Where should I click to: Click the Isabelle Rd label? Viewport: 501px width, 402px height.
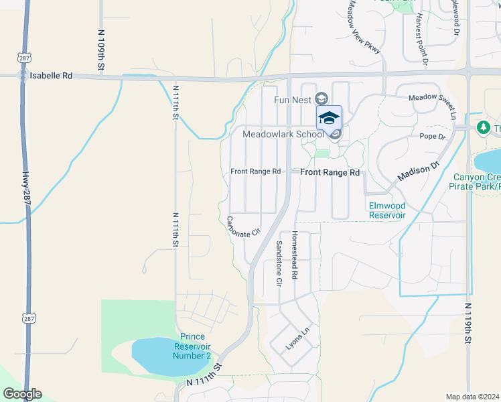click(x=50, y=76)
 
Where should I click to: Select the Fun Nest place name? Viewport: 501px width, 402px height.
click(x=292, y=100)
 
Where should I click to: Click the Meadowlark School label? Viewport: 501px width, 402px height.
click(x=283, y=134)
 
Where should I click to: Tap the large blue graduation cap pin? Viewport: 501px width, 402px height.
click(x=329, y=119)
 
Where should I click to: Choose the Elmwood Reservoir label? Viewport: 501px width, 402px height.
click(x=387, y=210)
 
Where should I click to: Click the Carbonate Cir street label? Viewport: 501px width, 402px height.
click(x=242, y=227)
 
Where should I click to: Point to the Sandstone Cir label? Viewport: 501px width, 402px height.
click(x=279, y=264)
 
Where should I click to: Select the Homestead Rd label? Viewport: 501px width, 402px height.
click(x=294, y=256)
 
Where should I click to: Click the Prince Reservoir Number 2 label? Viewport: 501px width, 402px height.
click(x=193, y=346)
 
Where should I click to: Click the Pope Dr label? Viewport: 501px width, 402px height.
click(x=432, y=137)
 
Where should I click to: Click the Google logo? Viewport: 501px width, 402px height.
click(x=21, y=394)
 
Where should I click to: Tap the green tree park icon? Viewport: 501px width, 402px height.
click(x=483, y=127)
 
